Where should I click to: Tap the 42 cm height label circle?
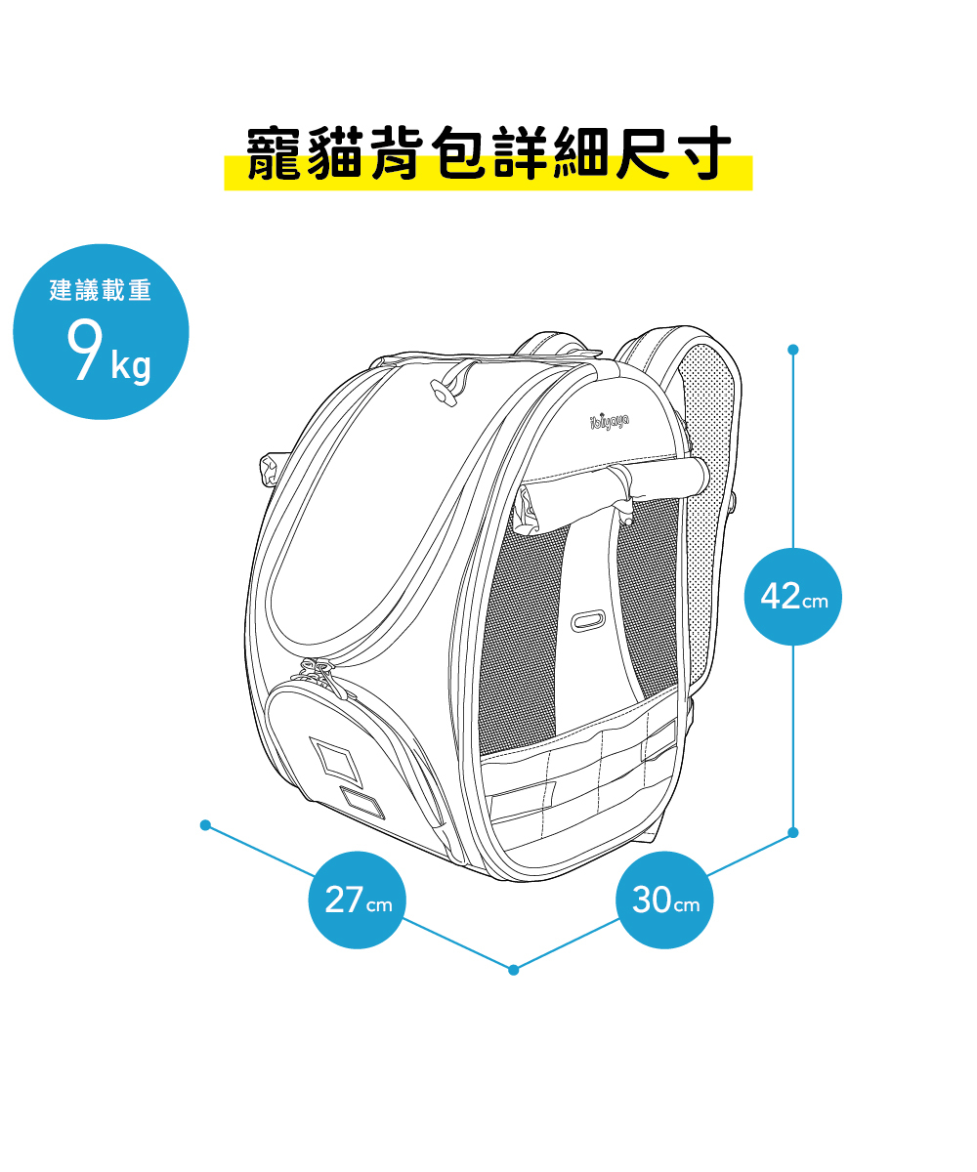[793, 597]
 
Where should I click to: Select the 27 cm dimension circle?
[357, 900]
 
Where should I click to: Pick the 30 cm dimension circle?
[665, 900]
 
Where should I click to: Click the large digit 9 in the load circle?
[84, 350]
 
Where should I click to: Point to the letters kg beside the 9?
[131, 365]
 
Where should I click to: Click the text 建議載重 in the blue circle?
[101, 290]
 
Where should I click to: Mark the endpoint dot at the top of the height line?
[793, 349]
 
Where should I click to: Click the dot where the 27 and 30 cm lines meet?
[514, 969]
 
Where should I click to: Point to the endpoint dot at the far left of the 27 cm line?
[205, 824]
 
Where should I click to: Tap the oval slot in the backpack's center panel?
[587, 621]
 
